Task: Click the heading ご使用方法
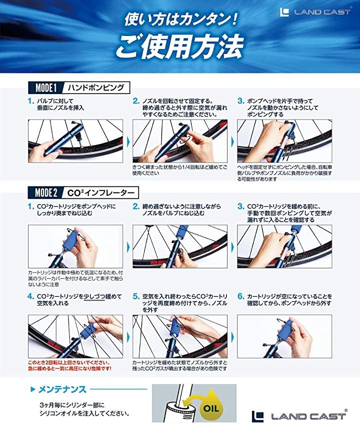tap(179, 46)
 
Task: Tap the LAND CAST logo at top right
tap(315, 12)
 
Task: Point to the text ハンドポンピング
tap(96, 87)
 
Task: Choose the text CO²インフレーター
tap(101, 193)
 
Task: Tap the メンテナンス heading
tap(62, 389)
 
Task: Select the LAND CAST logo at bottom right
tap(299, 416)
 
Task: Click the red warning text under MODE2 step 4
tap(69, 365)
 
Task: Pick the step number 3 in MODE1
tap(240, 101)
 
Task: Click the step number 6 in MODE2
tap(240, 296)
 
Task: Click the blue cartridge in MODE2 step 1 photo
tap(71, 239)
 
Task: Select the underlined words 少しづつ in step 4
tap(94, 296)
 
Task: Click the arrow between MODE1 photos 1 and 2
tap(128, 141)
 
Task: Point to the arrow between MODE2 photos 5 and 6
tap(232, 337)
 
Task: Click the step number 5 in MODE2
tap(136, 296)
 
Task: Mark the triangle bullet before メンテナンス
tap(33, 389)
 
